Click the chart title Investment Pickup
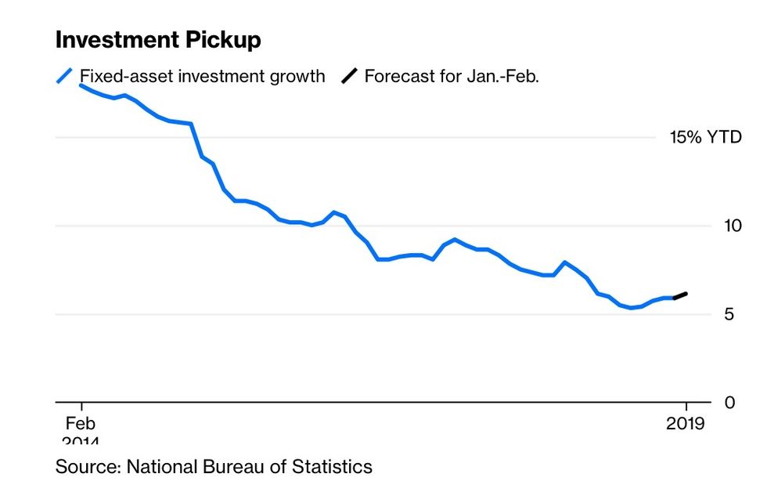pyautogui.click(x=158, y=40)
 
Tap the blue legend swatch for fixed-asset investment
pyautogui.click(x=64, y=76)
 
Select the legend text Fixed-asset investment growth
pyautogui.click(x=202, y=76)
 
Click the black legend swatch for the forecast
pyautogui.click(x=349, y=76)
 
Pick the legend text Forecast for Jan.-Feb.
pyautogui.click(x=452, y=76)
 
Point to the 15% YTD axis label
pyautogui.click(x=704, y=138)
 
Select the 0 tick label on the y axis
pyautogui.click(x=729, y=403)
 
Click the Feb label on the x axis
pyautogui.click(x=80, y=423)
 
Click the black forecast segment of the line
pyautogui.click(x=680, y=296)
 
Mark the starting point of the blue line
pyautogui.click(x=81, y=85)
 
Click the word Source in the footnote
pyautogui.click(x=85, y=467)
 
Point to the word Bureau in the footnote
pyautogui.click(x=232, y=467)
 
